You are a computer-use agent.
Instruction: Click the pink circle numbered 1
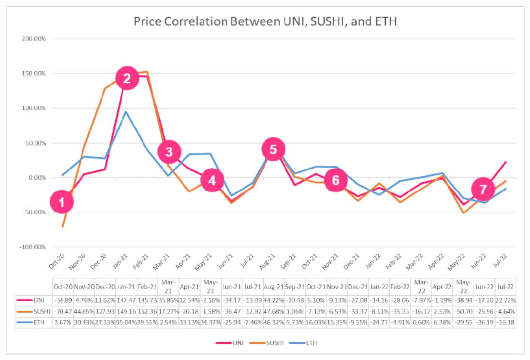tap(61, 202)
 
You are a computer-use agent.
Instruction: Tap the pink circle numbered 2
tap(127, 79)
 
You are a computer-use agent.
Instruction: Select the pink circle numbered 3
tap(169, 151)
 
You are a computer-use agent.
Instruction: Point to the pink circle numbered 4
tap(212, 180)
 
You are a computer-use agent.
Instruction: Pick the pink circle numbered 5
tap(273, 149)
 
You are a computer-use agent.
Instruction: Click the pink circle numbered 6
tap(335, 180)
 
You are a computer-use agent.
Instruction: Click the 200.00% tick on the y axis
tap(33, 39)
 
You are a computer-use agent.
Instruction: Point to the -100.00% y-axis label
tap(32, 247)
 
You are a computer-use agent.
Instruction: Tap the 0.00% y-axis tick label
tap(37, 178)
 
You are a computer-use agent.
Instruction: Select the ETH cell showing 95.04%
tap(126, 322)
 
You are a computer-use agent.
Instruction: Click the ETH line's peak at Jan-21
tap(126, 111)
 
